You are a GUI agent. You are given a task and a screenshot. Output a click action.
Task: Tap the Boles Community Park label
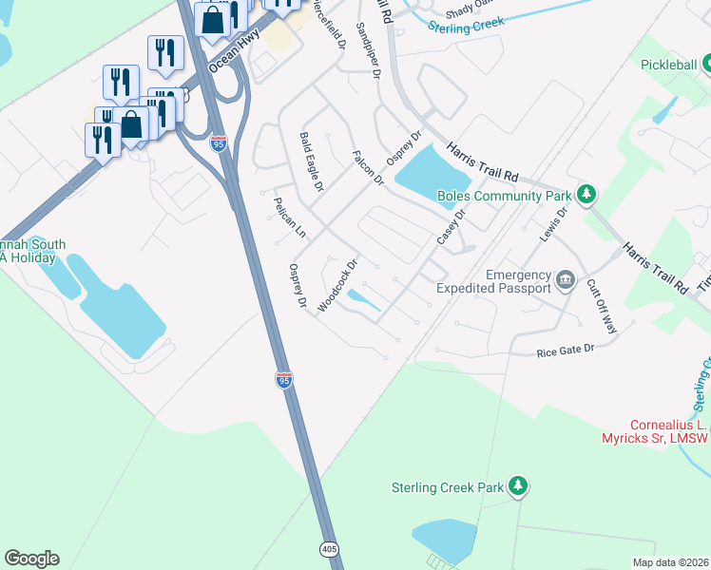point(504,197)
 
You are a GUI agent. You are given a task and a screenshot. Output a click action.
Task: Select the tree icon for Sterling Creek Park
point(517,487)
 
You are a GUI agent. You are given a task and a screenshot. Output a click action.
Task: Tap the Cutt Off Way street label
point(601,306)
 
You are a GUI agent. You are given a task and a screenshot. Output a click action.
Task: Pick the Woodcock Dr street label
point(336,285)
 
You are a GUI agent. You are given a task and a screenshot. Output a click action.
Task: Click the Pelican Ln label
point(289,218)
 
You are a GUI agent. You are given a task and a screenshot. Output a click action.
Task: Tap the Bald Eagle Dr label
point(312,161)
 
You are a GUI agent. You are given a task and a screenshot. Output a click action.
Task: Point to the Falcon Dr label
point(367,167)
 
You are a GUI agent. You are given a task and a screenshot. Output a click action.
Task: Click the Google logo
point(31,559)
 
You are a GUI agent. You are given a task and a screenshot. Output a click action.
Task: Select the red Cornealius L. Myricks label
point(670,431)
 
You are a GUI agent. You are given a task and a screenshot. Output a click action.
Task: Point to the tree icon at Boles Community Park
point(587,196)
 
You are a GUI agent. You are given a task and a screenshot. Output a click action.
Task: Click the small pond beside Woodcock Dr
point(363,299)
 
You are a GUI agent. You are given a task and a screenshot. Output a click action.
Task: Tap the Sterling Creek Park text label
point(447,487)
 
